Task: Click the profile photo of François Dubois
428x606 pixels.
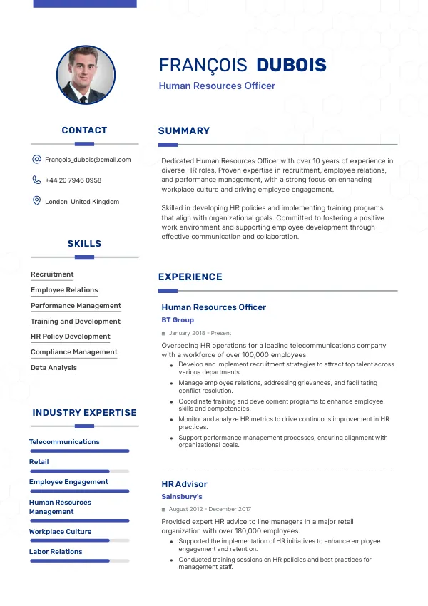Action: click(x=86, y=75)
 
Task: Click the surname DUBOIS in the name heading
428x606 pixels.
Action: click(x=291, y=66)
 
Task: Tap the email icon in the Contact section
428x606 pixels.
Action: click(x=36, y=160)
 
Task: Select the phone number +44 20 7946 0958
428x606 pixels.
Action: click(x=73, y=180)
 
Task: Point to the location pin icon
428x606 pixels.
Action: click(x=36, y=201)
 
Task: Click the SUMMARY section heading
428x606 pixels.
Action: click(x=184, y=131)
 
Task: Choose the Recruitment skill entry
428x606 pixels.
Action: click(x=52, y=274)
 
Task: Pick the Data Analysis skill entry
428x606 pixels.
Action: click(x=53, y=368)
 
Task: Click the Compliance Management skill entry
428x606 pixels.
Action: click(x=74, y=352)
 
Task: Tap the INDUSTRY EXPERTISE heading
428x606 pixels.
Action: click(x=84, y=413)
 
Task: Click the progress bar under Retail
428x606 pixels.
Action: click(x=79, y=471)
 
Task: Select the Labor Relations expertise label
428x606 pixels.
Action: click(x=56, y=552)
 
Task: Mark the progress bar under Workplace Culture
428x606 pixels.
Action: click(x=79, y=540)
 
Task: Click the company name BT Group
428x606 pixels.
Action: click(x=178, y=320)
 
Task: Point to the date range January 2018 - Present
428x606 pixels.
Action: click(x=200, y=333)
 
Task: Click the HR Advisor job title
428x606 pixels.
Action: click(x=184, y=484)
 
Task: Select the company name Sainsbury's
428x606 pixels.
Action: click(x=182, y=496)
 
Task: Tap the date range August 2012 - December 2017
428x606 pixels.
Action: click(x=210, y=509)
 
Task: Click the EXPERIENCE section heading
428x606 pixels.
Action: click(x=190, y=277)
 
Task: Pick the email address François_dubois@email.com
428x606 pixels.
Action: click(x=88, y=160)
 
